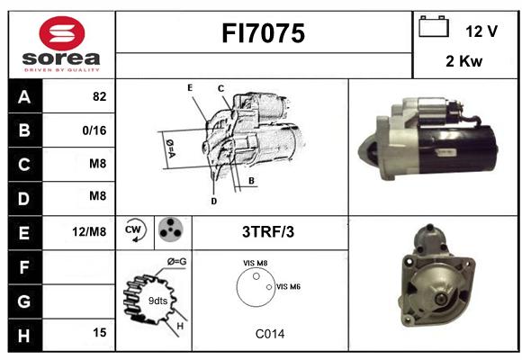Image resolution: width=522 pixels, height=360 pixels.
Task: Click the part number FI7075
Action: tap(263, 33)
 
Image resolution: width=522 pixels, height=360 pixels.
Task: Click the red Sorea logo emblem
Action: tap(62, 33)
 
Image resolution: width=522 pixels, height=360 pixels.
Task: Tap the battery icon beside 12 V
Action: tap(434, 26)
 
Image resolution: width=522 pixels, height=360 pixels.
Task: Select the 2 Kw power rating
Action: tap(463, 61)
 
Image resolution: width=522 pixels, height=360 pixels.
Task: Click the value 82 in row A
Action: tap(100, 96)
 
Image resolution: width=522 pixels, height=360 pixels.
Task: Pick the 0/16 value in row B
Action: tap(94, 130)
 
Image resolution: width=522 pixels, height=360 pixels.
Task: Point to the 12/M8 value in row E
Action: tap(89, 231)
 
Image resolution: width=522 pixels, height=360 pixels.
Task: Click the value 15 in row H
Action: tap(100, 332)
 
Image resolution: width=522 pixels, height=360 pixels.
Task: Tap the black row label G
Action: tap(25, 301)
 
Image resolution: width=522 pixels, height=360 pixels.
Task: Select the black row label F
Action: tap(25, 267)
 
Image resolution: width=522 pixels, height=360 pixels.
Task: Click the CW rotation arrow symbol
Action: tap(135, 230)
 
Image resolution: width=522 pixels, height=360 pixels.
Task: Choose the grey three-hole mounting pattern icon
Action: tap(171, 229)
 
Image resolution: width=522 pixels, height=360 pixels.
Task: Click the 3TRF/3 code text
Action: tap(268, 232)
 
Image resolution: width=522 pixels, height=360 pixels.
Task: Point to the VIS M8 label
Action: tap(256, 263)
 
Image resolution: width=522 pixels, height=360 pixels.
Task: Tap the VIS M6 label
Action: tap(288, 287)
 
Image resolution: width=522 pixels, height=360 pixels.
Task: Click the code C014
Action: tap(270, 334)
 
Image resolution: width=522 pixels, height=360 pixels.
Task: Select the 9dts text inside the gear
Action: tap(157, 301)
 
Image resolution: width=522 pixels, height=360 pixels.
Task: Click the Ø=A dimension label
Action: tap(170, 148)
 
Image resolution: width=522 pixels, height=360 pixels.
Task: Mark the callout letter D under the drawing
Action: tap(213, 201)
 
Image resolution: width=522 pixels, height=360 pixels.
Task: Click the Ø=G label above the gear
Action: tap(176, 262)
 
